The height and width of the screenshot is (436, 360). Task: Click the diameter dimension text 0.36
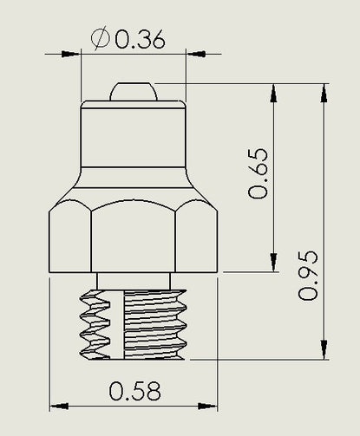tap(141, 38)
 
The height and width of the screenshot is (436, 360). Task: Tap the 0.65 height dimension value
tap(258, 173)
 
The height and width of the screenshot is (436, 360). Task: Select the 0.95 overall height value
tap(308, 276)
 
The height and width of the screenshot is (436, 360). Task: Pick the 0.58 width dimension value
tap(134, 391)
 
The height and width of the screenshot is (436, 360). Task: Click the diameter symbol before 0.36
tap(100, 38)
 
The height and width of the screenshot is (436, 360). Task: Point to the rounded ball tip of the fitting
tap(134, 92)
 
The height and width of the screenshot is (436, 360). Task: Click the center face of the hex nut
tap(134, 236)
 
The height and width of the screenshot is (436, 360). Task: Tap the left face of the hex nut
tap(70, 237)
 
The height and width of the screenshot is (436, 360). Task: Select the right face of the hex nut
tap(197, 237)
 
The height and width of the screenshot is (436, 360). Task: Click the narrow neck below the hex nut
tap(134, 281)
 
